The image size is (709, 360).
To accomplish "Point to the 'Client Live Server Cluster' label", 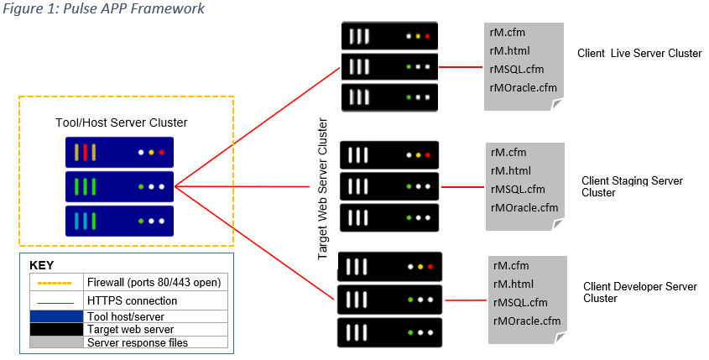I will (639, 53).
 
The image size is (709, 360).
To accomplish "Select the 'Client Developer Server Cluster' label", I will (639, 292).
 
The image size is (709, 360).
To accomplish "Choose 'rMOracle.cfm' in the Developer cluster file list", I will (526, 321).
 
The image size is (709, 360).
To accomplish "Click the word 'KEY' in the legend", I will (42, 265).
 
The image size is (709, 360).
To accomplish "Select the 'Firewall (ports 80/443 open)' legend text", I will (156, 282).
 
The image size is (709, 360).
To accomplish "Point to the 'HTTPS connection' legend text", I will (132, 300).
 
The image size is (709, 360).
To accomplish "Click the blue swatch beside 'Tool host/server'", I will (55, 316).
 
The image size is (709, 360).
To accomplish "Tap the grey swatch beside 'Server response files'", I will (55, 342).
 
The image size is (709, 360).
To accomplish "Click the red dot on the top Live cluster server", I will (427, 37).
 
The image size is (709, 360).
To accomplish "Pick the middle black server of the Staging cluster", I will (389, 186).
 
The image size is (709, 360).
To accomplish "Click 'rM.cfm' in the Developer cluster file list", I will (511, 266).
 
